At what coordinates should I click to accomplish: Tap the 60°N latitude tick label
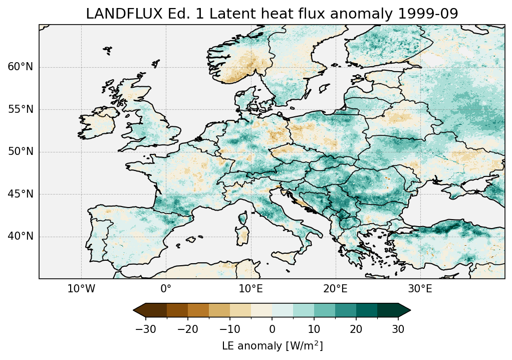[20, 67]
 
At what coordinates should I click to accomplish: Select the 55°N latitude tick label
[20, 109]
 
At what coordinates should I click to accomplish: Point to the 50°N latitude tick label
[20, 152]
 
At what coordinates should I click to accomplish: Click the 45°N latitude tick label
[20, 194]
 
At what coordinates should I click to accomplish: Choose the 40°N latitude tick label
[20, 237]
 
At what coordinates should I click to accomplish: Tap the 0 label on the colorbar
[272, 329]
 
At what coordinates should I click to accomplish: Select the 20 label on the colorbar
[356, 329]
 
